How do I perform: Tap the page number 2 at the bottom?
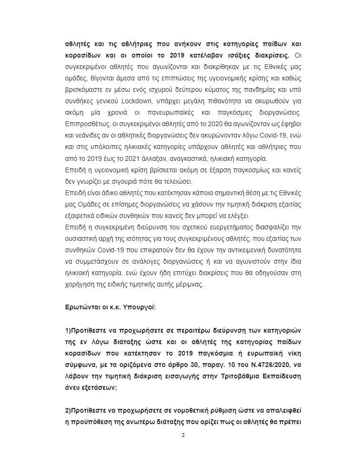(183, 435)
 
